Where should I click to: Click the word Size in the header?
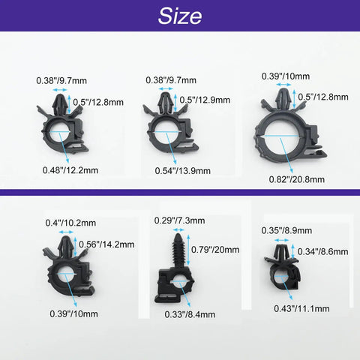(180, 16)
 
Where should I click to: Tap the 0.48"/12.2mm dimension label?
(70, 170)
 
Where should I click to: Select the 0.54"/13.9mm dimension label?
(183, 171)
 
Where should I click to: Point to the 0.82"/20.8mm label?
(297, 179)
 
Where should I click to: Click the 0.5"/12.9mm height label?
(205, 100)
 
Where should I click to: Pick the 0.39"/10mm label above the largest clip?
(286, 76)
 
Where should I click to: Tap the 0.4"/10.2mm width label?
(70, 223)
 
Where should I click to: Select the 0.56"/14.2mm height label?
(106, 244)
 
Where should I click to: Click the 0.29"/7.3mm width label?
(179, 220)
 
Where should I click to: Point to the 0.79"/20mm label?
(215, 250)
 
